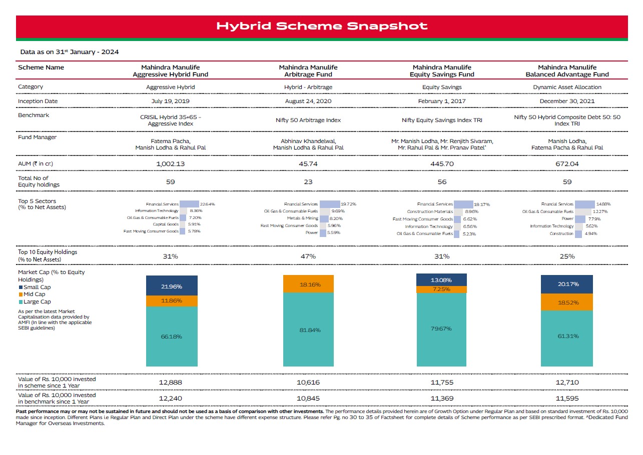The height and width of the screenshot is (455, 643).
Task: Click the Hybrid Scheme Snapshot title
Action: [x=322, y=26]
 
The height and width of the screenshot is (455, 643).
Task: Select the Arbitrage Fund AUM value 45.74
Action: [x=308, y=164]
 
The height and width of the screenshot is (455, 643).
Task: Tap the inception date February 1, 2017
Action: [x=442, y=101]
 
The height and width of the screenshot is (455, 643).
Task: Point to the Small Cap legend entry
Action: [x=35, y=287]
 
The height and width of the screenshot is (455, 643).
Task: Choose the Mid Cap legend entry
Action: [x=32, y=294]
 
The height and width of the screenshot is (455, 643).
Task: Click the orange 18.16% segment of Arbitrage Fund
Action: [x=308, y=283]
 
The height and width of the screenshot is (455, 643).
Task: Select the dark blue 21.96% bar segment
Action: [x=172, y=285]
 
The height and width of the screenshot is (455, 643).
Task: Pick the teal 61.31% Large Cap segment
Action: [x=566, y=338]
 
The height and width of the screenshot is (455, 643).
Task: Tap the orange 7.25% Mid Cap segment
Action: [x=441, y=289]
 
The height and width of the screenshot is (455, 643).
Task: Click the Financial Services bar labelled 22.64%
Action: [x=189, y=204]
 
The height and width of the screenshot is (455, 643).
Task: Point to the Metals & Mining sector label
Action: [x=303, y=218]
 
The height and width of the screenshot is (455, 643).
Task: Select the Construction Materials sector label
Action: [x=430, y=211]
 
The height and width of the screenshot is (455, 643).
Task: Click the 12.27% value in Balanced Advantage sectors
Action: [x=600, y=211]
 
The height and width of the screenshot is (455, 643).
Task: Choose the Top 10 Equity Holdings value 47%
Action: [x=308, y=256]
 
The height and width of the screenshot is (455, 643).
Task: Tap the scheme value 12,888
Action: [x=171, y=382]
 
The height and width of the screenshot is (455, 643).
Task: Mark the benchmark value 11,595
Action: [x=567, y=398]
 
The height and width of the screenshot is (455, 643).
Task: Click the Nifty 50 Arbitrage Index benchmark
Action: [x=308, y=120]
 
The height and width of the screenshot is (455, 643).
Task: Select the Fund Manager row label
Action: [x=38, y=137]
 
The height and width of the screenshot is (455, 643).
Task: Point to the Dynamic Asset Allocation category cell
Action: [x=567, y=87]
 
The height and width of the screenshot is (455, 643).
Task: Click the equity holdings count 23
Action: [x=308, y=181]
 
